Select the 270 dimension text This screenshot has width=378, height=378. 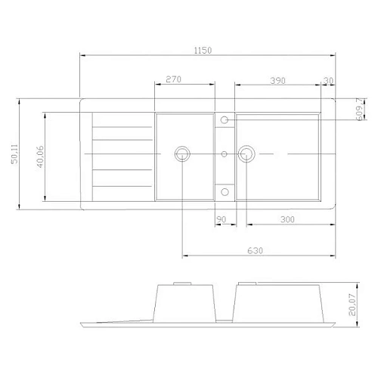173,79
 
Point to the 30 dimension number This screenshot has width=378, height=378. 327,79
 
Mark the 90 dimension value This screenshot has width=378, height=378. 222,219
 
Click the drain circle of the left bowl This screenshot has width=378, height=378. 182,154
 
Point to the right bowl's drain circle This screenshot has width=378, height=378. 246,154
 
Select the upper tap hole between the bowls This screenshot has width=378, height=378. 224,119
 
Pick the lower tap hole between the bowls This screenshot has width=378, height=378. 224,190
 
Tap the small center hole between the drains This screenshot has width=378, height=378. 224,154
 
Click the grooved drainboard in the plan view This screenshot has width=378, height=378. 117,159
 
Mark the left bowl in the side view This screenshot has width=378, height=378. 187,302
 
